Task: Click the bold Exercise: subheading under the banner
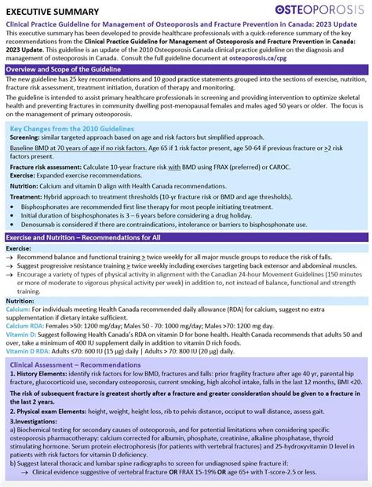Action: (x=19, y=247)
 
